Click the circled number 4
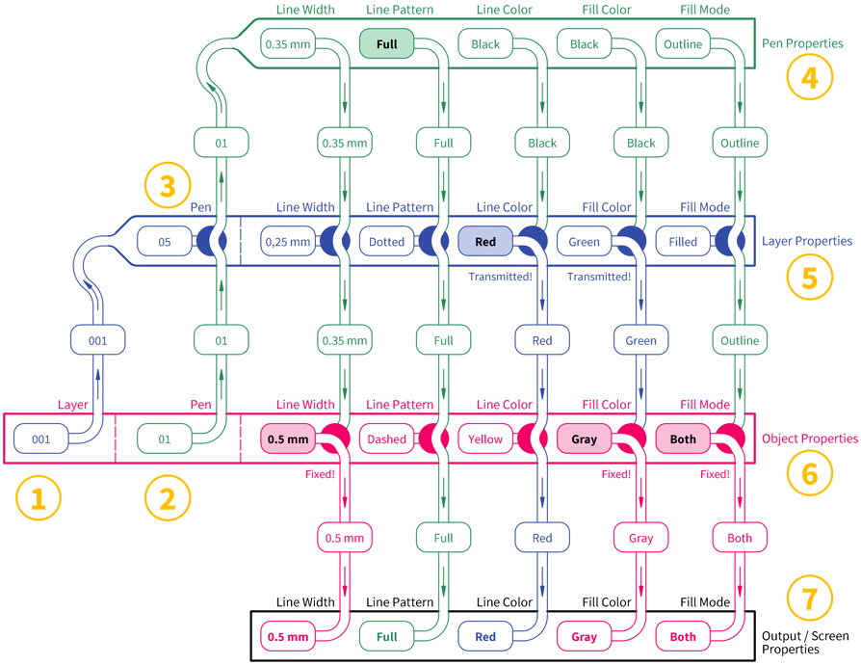[809, 77]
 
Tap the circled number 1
[39, 498]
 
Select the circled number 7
[809, 598]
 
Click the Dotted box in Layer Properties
[386, 241]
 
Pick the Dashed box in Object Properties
[386, 439]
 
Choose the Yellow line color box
[485, 439]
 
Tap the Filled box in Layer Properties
[683, 241]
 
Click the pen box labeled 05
[164, 241]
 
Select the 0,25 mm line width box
[288, 241]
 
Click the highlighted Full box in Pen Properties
[386, 44]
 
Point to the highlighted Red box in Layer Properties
[485, 241]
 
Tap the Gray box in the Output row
[585, 636]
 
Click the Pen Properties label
[802, 43]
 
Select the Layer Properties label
[807, 241]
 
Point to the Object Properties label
[809, 438]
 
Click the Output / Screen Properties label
[805, 643]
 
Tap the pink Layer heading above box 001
[72, 405]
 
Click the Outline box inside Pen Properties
[683, 44]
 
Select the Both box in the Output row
[683, 636]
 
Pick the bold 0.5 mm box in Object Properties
[288, 439]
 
